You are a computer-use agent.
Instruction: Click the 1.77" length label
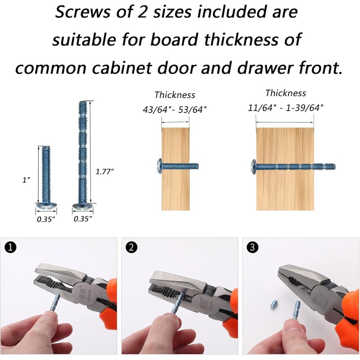point(104,171)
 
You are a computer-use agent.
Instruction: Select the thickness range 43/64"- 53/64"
point(175,109)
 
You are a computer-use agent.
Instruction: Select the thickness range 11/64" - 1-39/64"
point(285,108)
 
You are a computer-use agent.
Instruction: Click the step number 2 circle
point(131,247)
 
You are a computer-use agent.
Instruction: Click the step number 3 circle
point(252,247)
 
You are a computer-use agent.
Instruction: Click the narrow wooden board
point(175,169)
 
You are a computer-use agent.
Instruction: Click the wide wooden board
point(285,169)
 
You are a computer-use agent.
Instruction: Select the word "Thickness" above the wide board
point(285,93)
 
